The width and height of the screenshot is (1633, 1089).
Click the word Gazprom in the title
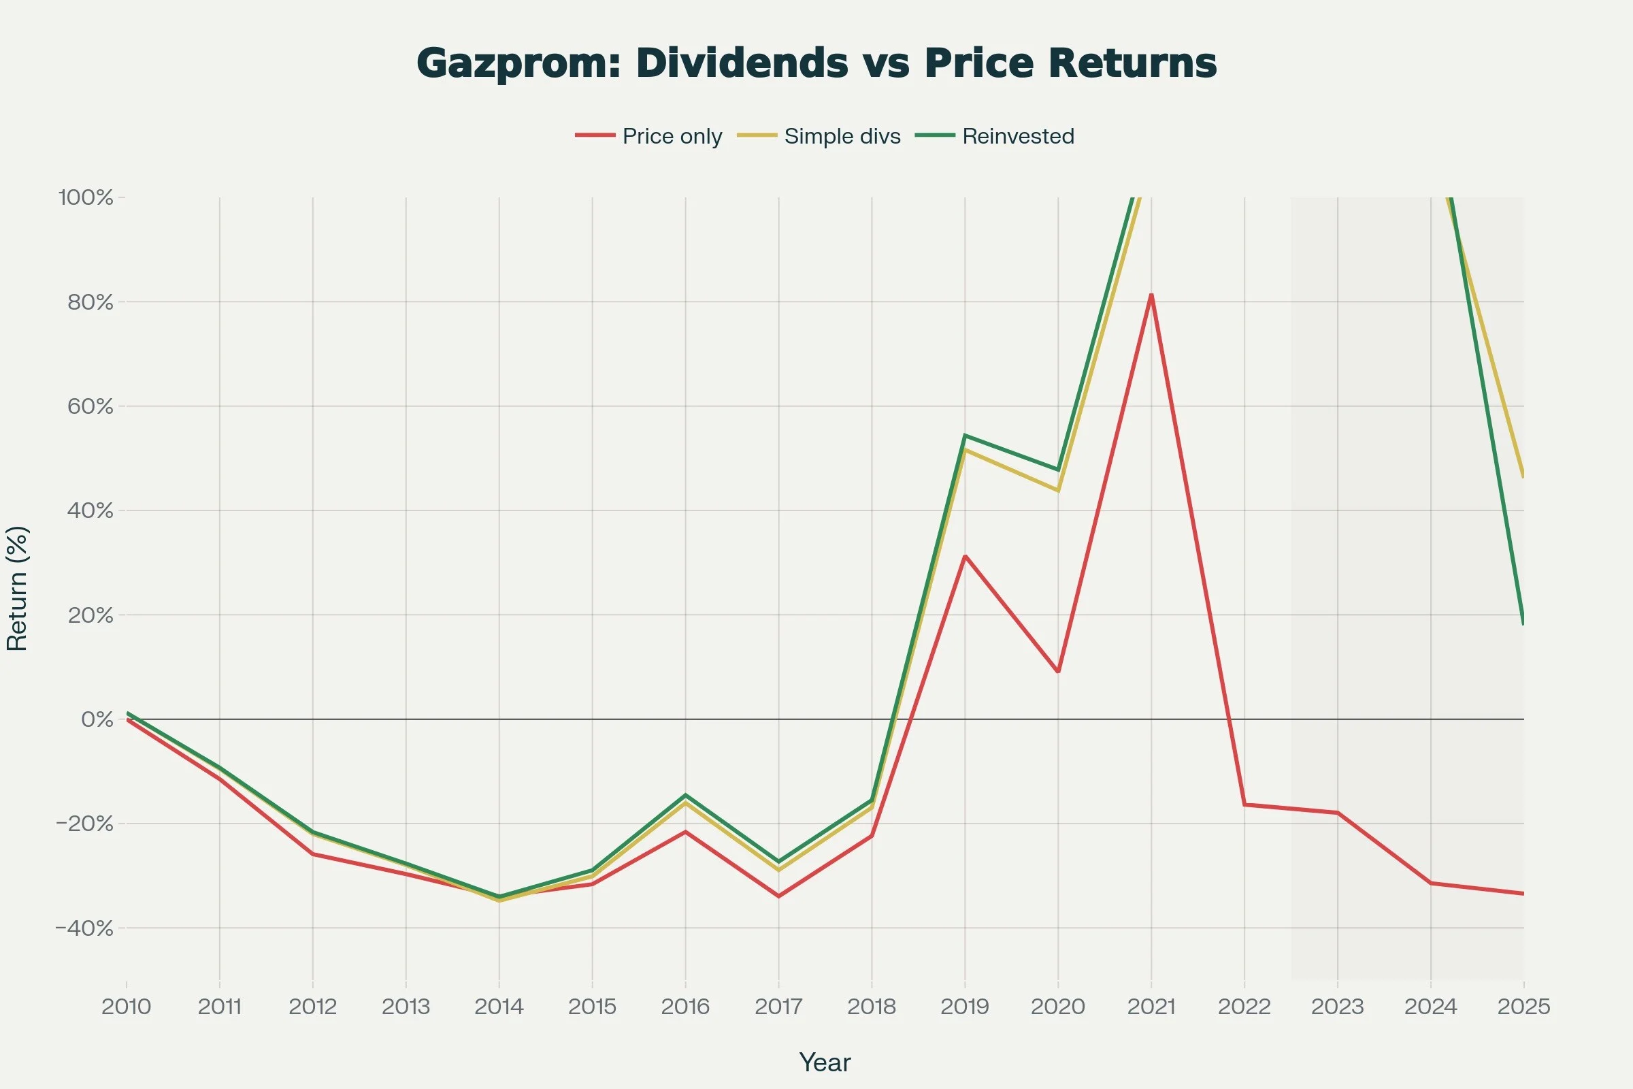click(514, 64)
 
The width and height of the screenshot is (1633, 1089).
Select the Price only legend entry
click(648, 136)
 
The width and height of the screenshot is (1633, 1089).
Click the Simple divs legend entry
click(819, 136)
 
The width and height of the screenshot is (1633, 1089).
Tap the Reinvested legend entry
click(994, 136)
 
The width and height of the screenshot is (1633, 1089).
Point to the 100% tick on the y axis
click(86, 197)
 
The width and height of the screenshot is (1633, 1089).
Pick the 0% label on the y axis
click(97, 719)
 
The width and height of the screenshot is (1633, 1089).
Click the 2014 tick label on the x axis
click(499, 1007)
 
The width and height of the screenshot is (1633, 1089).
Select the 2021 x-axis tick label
click(1151, 1007)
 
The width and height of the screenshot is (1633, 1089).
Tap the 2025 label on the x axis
click(1524, 1007)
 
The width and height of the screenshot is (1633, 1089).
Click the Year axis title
click(825, 1062)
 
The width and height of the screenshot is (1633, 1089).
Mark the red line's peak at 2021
click(1151, 295)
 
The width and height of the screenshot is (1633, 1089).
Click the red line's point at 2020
click(1058, 672)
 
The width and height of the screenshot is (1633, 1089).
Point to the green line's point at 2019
click(965, 436)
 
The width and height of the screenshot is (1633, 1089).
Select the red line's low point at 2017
click(778, 896)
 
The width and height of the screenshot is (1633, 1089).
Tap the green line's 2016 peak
click(685, 794)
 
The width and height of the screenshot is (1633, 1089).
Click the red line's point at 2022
click(1244, 804)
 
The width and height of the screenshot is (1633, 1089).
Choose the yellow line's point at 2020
click(1058, 490)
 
